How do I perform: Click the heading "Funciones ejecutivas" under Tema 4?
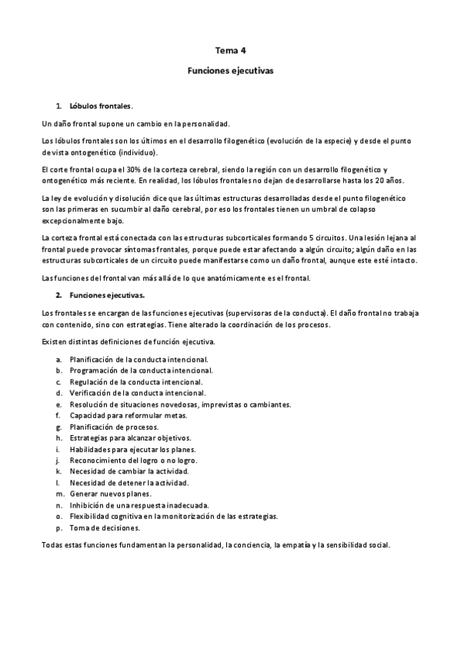[230, 69]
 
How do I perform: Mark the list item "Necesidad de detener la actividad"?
[129, 482]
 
